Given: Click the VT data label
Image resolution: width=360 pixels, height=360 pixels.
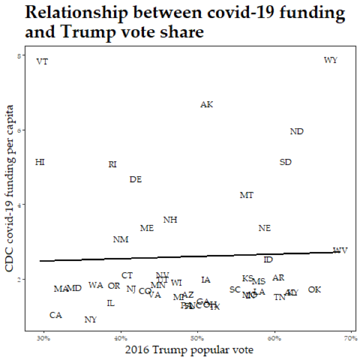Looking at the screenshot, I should [x=42, y=62].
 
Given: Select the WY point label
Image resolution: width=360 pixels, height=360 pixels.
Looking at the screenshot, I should [x=331, y=60].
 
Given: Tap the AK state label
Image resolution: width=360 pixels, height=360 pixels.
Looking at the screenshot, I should [x=206, y=104].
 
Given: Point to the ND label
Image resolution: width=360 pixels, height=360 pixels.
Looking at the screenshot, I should [x=296, y=131].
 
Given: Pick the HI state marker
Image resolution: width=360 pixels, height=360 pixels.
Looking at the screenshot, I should [x=40, y=162].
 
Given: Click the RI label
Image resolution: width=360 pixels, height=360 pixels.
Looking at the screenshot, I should [x=112, y=164].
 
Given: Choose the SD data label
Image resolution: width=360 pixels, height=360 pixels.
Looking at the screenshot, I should [x=286, y=162].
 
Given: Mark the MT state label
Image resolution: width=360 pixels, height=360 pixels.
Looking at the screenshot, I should [x=247, y=195].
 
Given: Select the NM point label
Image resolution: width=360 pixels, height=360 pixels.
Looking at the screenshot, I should [x=121, y=239].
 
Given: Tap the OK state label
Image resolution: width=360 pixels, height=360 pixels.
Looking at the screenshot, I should [x=314, y=290].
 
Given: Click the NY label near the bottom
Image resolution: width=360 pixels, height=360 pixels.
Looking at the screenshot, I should [x=91, y=320].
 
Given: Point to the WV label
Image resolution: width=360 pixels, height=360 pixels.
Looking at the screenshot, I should [x=340, y=250].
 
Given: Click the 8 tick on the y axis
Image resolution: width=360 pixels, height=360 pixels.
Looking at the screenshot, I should [x=20, y=56].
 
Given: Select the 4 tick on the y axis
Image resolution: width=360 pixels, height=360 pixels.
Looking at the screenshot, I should [x=20, y=205].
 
